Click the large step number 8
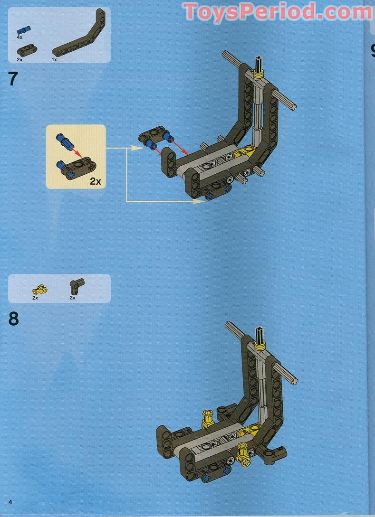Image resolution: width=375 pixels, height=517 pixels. [x=13, y=319]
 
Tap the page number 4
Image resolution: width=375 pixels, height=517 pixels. [x=10, y=502]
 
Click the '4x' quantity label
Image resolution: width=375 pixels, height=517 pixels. [x=20, y=37]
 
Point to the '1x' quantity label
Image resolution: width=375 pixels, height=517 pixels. [x=55, y=60]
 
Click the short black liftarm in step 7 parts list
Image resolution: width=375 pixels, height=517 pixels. [x=25, y=51]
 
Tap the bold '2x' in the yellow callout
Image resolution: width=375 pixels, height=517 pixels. [x=96, y=181]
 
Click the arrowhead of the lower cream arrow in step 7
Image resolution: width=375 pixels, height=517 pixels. [x=201, y=201]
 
